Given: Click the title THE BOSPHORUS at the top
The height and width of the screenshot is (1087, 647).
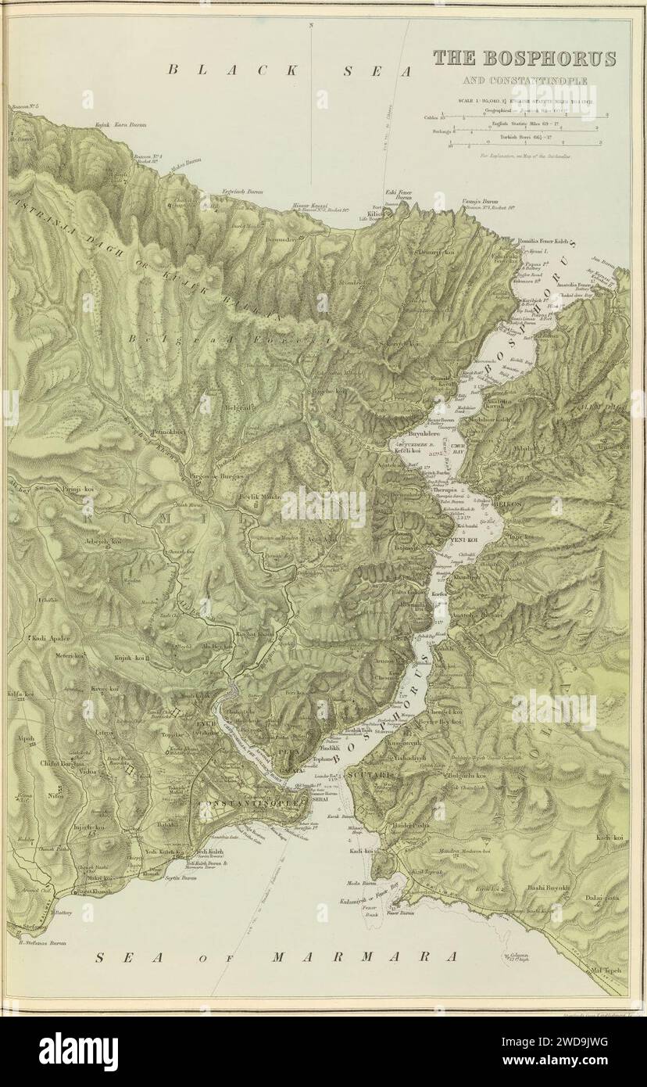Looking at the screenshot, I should coord(524,59).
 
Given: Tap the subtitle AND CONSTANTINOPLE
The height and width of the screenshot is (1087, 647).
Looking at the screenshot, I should coord(524,81).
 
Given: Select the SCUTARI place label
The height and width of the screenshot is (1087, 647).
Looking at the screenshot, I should coord(367,775).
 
